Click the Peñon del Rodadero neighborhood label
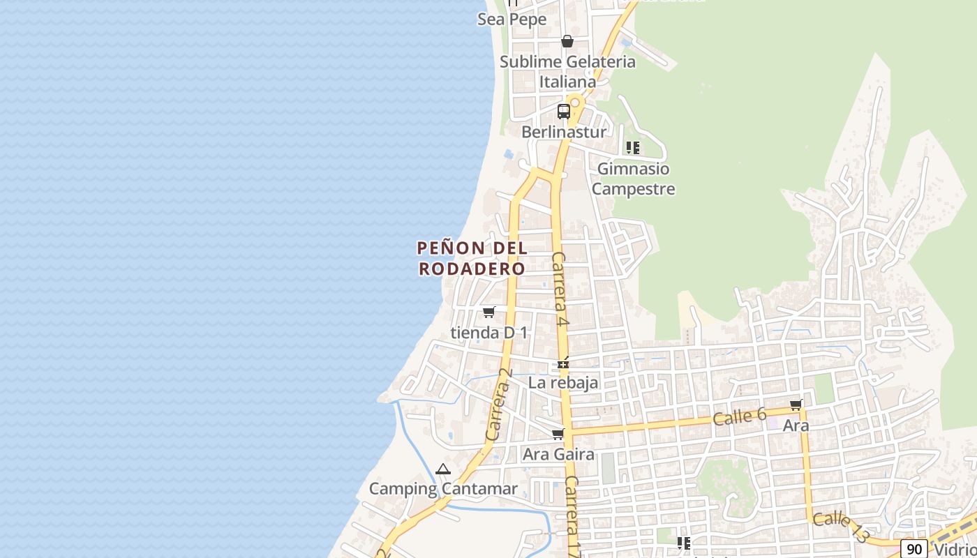coord(472,258)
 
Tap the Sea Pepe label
coord(512,20)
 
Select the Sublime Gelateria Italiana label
coord(567,71)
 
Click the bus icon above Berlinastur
coord(563,111)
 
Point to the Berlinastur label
coord(564,131)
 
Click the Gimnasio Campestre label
coord(633,179)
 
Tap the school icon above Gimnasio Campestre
coord(633,148)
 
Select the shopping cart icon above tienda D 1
coord(489,312)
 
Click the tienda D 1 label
coord(489,333)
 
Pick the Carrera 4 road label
coord(560,289)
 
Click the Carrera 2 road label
coord(500,405)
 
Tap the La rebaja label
coord(563,382)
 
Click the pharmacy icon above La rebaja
coord(563,363)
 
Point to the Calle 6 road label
coord(740,417)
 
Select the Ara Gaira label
coord(558,454)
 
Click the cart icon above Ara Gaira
coord(558,435)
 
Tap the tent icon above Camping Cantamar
coord(443,469)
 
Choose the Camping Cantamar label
coord(443,489)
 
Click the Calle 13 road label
coord(842,527)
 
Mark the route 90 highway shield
coord(914,549)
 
